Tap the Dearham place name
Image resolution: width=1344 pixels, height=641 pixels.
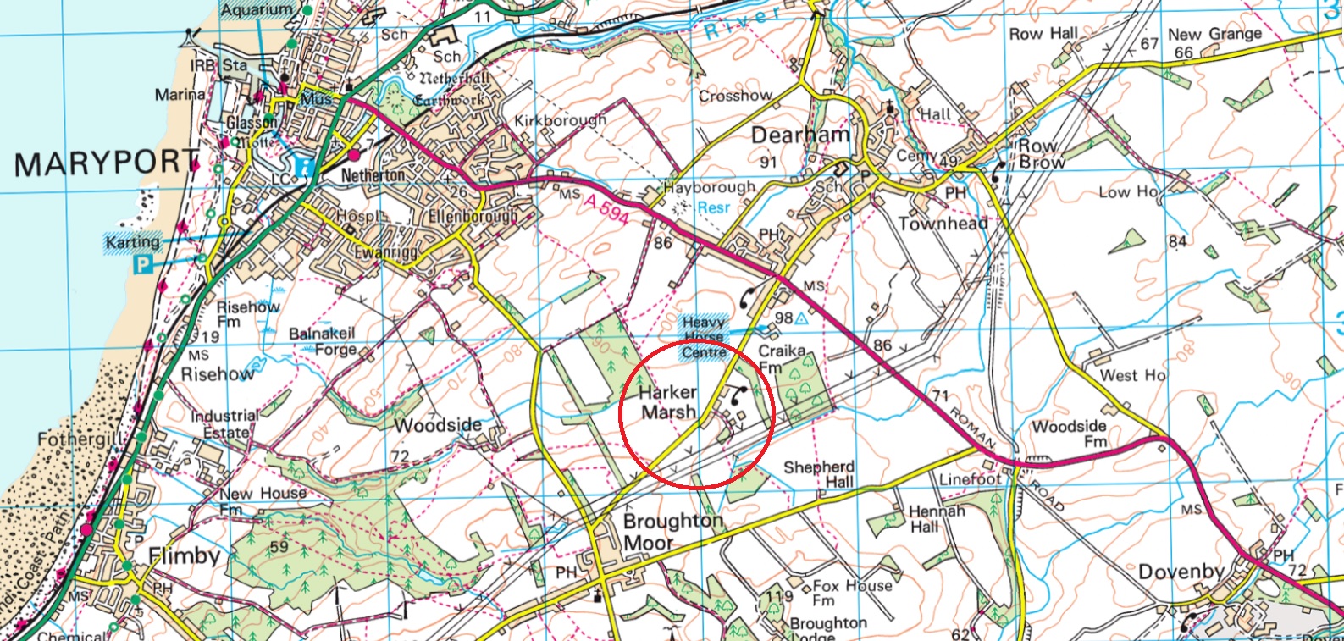[799, 135]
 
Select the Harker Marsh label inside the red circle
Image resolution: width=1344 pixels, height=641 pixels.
[668, 402]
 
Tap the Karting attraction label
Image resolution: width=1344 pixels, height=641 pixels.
[133, 242]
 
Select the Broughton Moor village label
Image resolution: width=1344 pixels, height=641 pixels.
[672, 532]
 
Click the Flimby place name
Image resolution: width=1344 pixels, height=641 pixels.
[184, 555]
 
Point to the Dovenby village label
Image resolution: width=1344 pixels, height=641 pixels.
[1180, 572]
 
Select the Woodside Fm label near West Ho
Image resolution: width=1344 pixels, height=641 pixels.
[1069, 434]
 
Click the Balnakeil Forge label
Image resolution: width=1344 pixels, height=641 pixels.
[323, 341]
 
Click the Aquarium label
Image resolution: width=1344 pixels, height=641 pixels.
[257, 9]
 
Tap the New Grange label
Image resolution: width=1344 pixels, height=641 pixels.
[1214, 35]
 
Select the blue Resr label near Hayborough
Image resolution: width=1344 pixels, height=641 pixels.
[714, 207]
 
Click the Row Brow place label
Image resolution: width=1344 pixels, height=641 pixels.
[1039, 153]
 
